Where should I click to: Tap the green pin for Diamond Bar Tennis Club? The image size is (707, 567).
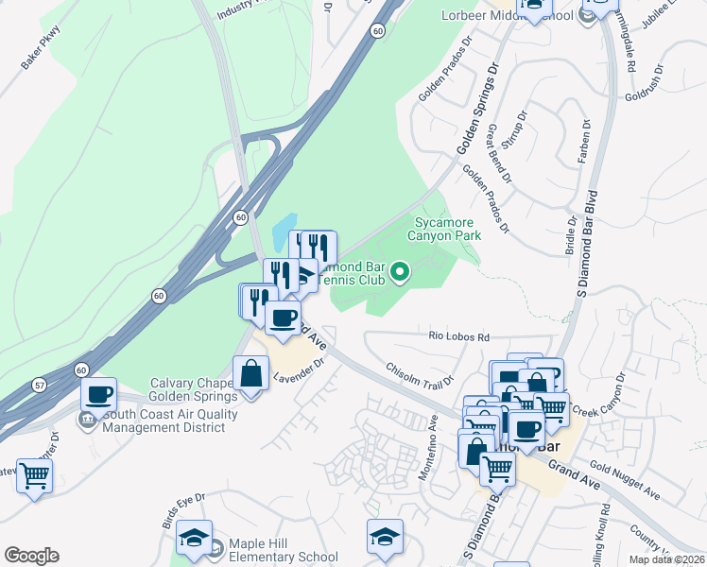(400, 273)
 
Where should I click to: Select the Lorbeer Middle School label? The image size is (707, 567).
(508, 15)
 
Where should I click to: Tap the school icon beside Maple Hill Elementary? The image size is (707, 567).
(194, 539)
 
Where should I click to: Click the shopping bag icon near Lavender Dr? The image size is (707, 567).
(252, 373)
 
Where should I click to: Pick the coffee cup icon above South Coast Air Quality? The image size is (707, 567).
(98, 395)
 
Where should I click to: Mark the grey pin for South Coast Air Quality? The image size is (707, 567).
(88, 420)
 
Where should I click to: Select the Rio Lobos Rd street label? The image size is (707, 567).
(458, 336)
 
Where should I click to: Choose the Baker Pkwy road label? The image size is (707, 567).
(40, 60)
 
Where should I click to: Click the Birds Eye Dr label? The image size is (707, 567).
(181, 509)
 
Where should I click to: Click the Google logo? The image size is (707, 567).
(31, 555)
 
